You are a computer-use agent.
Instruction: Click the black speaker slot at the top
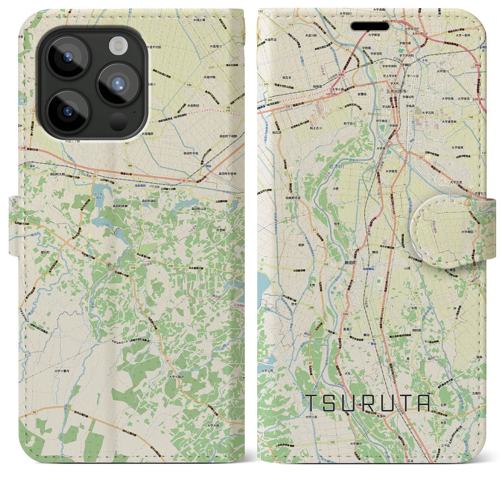(369, 26)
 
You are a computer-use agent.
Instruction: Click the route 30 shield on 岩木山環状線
(35, 412)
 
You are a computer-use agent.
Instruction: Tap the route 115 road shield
(290, 25)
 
